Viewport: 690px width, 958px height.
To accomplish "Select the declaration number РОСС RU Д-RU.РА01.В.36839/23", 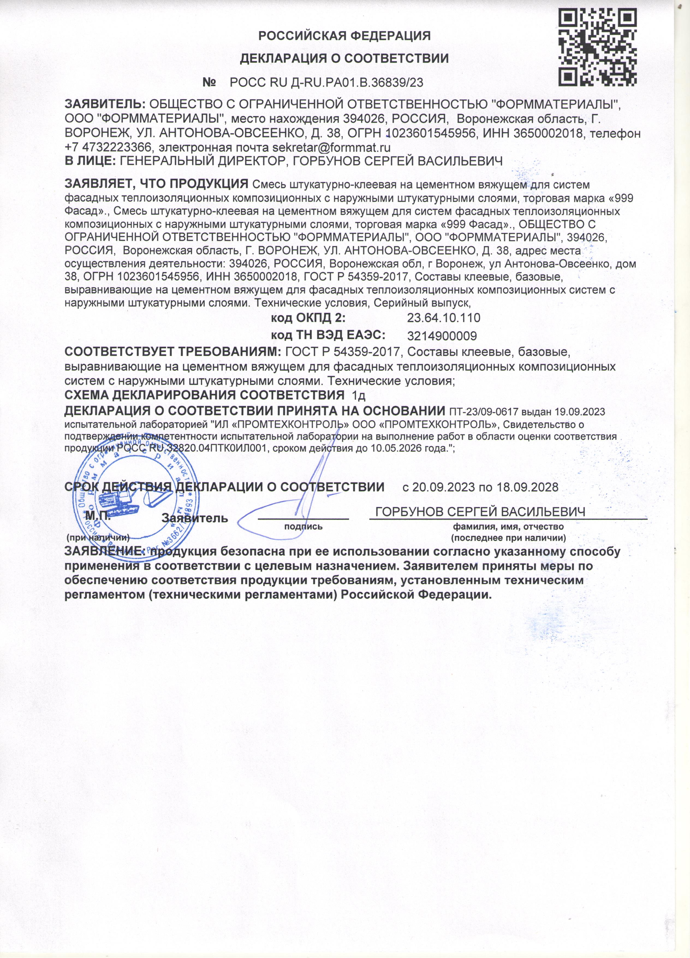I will click(326, 82).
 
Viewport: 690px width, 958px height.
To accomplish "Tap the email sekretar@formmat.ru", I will click(331, 148).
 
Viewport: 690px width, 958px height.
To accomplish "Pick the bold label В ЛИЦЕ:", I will click(90, 161).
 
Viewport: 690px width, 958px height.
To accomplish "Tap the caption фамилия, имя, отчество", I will click(508, 527).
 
